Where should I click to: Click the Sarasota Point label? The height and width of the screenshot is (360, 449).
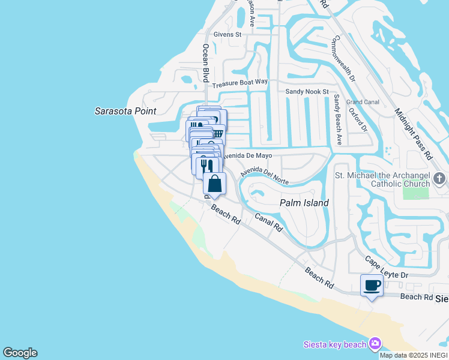[x=125, y=111]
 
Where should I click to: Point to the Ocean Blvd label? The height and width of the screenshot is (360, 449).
[x=205, y=63]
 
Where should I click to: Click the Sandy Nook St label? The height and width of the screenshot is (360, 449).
[x=307, y=92]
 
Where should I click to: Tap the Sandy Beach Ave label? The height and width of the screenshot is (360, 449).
[x=338, y=119]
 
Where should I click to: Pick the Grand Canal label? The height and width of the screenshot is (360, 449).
[x=362, y=102]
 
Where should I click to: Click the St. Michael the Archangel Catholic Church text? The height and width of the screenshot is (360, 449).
[x=382, y=181]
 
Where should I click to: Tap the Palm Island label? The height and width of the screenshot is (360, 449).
[x=304, y=203]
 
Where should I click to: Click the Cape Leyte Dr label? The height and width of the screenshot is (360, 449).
[x=387, y=268]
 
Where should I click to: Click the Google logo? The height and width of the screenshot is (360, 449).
[x=20, y=353]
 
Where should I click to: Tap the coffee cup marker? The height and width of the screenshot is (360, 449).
[x=372, y=284]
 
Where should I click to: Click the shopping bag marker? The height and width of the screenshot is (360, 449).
[x=214, y=184]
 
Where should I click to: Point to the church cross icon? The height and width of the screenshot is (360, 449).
[x=439, y=178]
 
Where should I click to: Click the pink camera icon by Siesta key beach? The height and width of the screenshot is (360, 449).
[x=375, y=343]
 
